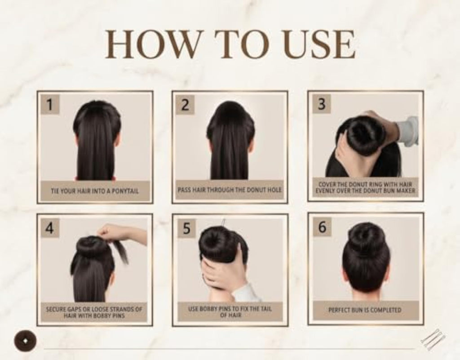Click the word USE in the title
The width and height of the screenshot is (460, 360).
319,44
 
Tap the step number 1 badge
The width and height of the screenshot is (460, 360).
50,104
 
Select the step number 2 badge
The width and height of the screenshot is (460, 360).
185,104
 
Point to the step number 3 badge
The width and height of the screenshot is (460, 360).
322,104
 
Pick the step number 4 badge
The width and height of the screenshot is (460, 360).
50,227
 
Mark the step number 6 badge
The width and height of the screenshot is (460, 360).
322,227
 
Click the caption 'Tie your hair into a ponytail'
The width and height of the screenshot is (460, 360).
95,191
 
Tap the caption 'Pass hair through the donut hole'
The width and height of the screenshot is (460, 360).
230,190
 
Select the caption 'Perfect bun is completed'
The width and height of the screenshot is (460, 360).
365,310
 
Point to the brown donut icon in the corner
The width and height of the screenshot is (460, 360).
25,341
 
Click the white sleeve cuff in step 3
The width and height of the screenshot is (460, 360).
408,131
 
